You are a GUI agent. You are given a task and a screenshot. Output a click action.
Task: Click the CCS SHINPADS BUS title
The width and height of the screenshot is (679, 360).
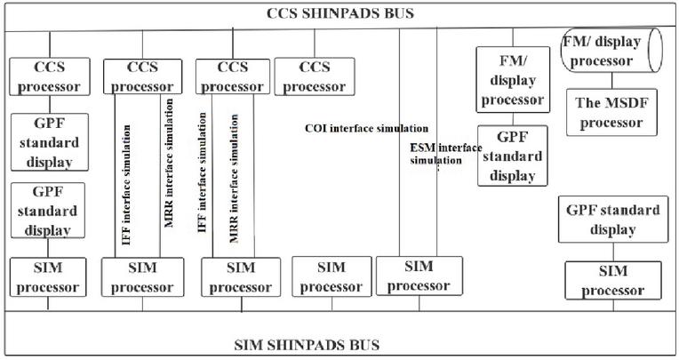pos(339,13)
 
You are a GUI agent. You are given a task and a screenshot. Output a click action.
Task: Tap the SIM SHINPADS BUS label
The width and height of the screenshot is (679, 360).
pos(307,345)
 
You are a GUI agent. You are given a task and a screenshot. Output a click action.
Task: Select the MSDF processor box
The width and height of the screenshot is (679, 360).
pos(611,113)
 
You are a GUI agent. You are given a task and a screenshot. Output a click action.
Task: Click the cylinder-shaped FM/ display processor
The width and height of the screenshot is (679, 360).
pos(611,51)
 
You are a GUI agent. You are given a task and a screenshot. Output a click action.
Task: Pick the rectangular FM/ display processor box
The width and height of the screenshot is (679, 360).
pos(513,80)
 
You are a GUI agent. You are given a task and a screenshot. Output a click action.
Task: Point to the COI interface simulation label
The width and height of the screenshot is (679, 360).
pos(366,129)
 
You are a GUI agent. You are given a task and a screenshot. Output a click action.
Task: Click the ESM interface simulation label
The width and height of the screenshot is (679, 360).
pos(445,155)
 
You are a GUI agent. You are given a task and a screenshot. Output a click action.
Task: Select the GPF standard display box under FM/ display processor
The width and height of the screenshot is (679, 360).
pos(512,156)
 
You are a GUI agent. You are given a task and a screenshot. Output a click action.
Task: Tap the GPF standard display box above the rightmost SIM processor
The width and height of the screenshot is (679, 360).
pos(612,220)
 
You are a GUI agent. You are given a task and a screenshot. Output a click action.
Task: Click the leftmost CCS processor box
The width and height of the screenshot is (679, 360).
pos(50,76)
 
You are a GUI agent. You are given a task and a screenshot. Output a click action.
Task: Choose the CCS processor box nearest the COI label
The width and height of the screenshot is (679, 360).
pos(315,76)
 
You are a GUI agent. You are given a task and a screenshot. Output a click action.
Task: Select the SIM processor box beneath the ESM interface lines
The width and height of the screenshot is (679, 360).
pos(419,276)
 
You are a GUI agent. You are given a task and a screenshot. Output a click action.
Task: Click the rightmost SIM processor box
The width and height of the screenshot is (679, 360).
pos(612,280)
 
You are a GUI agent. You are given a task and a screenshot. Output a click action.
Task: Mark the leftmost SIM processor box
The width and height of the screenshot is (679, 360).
pos(48,277)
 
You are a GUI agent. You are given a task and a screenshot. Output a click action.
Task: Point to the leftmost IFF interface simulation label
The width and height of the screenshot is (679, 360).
pos(126,185)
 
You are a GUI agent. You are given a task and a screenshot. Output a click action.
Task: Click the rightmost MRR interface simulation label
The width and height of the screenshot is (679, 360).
pos(234,178)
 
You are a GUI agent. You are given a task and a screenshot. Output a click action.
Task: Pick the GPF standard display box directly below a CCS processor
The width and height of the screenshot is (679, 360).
pos(50,142)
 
